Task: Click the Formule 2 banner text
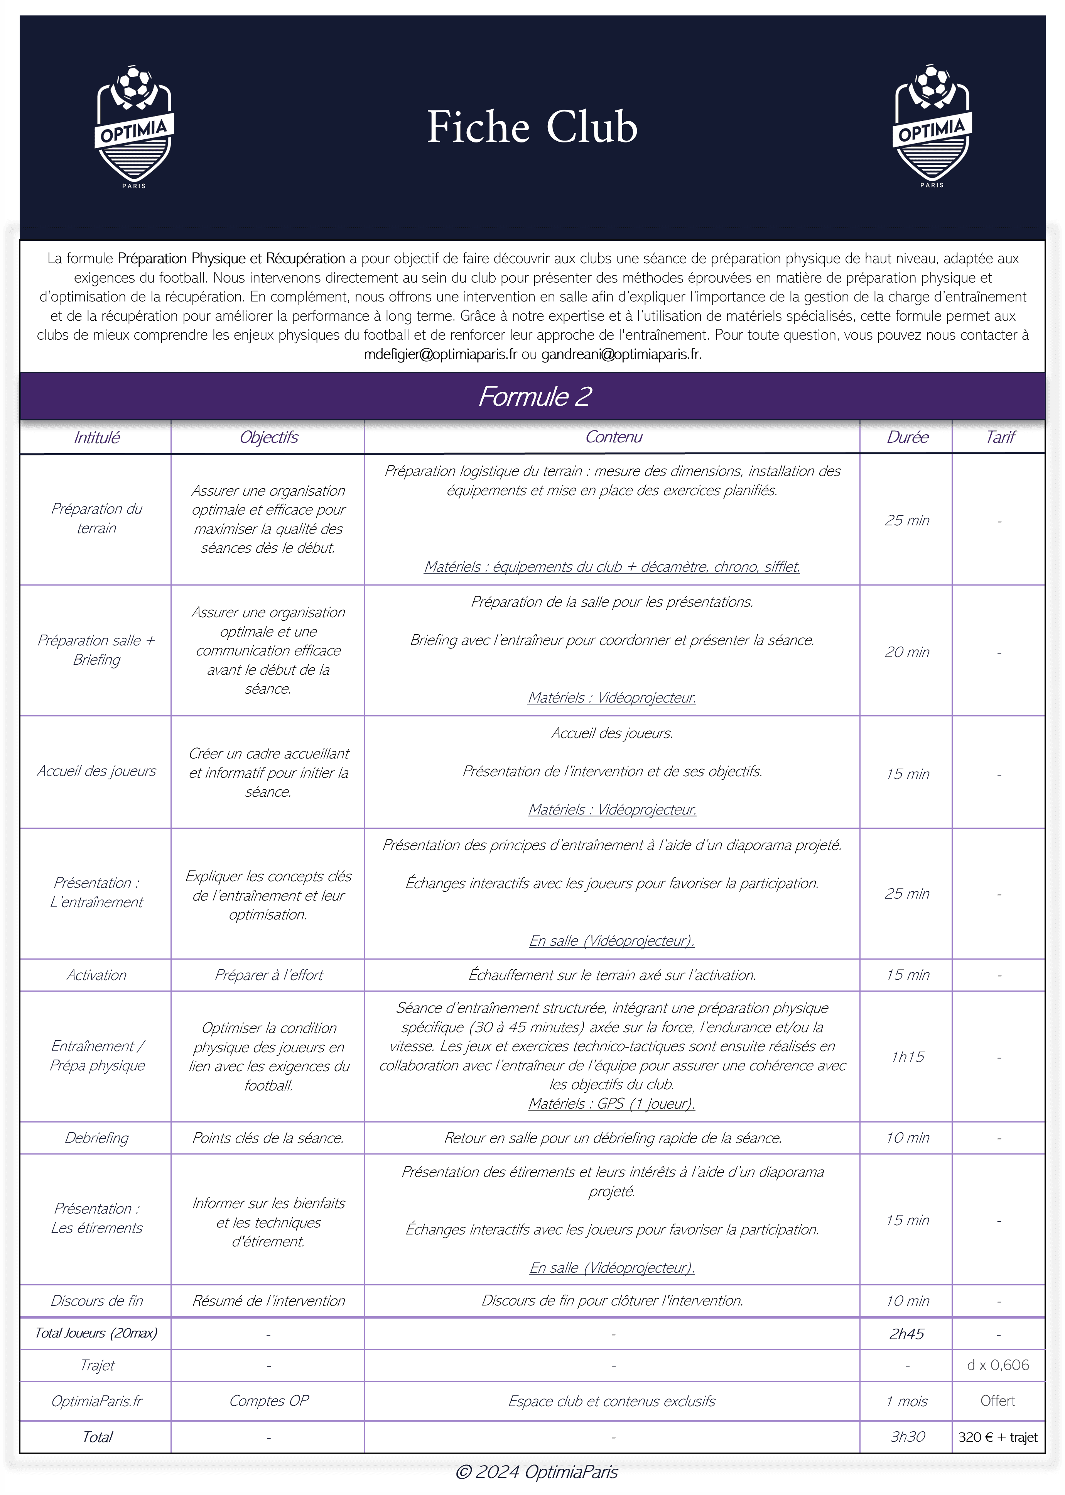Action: click(535, 396)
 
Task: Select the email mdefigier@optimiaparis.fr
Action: click(440, 354)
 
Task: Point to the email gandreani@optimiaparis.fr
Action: click(620, 354)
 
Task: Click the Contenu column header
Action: click(613, 437)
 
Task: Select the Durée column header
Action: click(907, 437)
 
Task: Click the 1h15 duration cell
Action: click(907, 1056)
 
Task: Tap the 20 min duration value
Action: click(907, 652)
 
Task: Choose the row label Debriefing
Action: click(96, 1138)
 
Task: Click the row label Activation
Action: click(96, 975)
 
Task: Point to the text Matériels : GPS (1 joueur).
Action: click(612, 1104)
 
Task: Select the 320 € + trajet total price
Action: click(997, 1437)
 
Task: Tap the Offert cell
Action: click(997, 1400)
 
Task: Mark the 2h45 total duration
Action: click(907, 1334)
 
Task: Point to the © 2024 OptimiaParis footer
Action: click(537, 1472)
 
